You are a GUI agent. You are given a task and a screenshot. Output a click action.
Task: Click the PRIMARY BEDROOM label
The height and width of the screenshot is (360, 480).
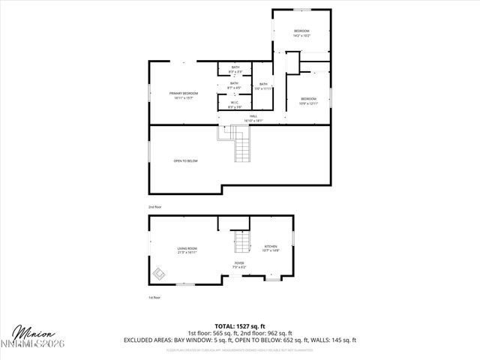(x=184, y=94)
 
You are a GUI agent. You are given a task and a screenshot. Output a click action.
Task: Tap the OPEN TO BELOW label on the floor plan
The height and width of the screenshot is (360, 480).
(x=185, y=161)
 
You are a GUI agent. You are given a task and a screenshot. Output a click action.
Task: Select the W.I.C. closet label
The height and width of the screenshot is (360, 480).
(x=235, y=104)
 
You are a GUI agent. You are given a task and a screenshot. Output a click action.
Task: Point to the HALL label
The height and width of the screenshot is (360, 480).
(x=253, y=118)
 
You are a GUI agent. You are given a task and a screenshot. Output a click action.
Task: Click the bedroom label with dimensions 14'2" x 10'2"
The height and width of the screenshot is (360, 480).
(x=301, y=33)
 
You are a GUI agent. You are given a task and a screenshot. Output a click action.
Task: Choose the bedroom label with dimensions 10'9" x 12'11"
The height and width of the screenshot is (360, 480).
(x=309, y=101)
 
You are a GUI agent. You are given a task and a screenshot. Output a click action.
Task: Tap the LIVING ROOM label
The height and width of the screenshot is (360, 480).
(x=187, y=250)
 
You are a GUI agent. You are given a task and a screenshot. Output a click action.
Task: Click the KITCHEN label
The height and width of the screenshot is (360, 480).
(x=271, y=248)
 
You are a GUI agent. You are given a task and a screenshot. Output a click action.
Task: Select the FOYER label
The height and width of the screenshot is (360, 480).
(x=239, y=265)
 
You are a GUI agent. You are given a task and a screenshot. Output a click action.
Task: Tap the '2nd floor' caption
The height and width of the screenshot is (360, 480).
(x=154, y=206)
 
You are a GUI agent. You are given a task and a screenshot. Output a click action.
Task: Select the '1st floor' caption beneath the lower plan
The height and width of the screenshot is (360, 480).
(x=154, y=298)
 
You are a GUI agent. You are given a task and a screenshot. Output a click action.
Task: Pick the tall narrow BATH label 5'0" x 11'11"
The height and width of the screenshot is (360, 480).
(x=263, y=86)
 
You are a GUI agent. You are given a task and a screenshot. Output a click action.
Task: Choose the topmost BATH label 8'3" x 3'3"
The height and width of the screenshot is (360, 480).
(x=235, y=69)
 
